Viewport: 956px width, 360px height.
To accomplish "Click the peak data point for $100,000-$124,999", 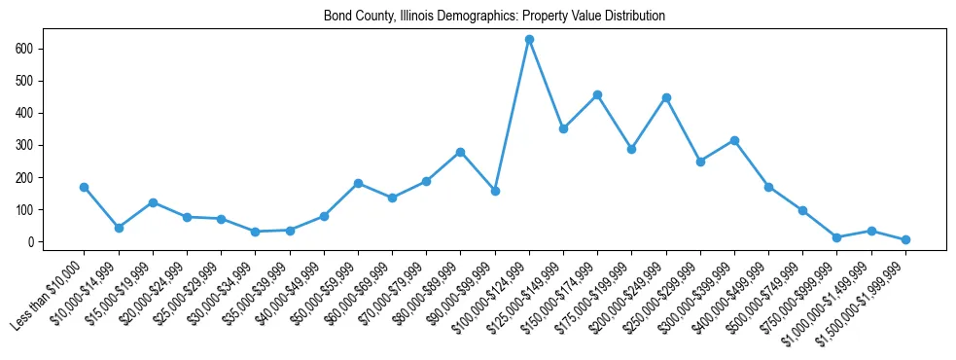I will (529, 39).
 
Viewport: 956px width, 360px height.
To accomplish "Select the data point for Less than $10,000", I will (85, 187).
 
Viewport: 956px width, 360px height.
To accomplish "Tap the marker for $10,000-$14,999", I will (119, 228).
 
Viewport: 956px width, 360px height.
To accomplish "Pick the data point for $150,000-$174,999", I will (597, 94).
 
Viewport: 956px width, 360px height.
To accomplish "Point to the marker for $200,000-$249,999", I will (666, 97).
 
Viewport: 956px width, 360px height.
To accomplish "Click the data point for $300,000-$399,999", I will (734, 140).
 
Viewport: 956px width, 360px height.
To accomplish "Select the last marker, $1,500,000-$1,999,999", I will (905, 239).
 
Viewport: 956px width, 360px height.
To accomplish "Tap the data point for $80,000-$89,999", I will (461, 152).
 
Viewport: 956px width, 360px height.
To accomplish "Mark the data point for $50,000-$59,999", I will (358, 183).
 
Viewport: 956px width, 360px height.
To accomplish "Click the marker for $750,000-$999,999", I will (837, 237).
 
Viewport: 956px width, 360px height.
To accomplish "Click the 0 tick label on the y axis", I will (33, 242).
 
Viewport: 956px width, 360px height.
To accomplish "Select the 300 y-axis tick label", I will (27, 145).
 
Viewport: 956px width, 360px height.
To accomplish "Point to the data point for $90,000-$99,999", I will (495, 191).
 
